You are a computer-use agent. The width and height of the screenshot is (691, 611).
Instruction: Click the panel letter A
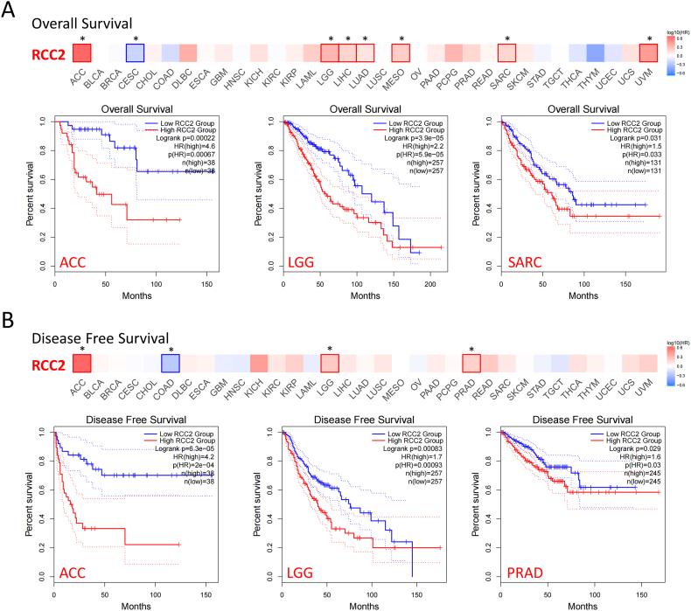(x=10, y=12)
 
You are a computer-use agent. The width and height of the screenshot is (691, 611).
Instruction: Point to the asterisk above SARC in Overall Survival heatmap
(x=507, y=39)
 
